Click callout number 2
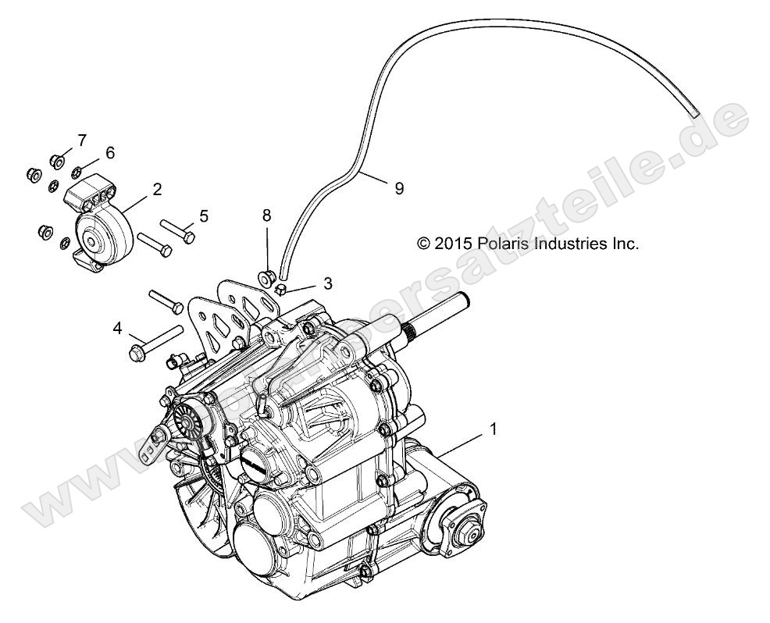click(157, 189)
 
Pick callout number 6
click(110, 152)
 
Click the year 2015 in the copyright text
click(453, 244)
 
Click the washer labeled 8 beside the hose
click(266, 276)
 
